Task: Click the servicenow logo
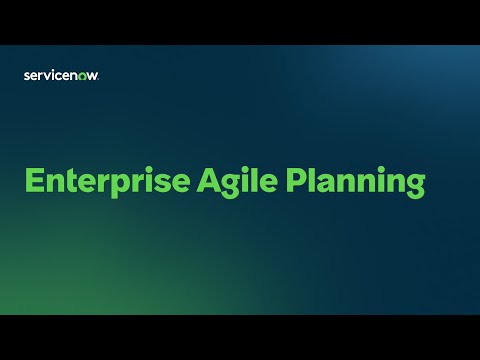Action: (61, 74)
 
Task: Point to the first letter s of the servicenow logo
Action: (26, 74)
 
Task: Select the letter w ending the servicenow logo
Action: (94, 74)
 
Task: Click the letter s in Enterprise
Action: (160, 184)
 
